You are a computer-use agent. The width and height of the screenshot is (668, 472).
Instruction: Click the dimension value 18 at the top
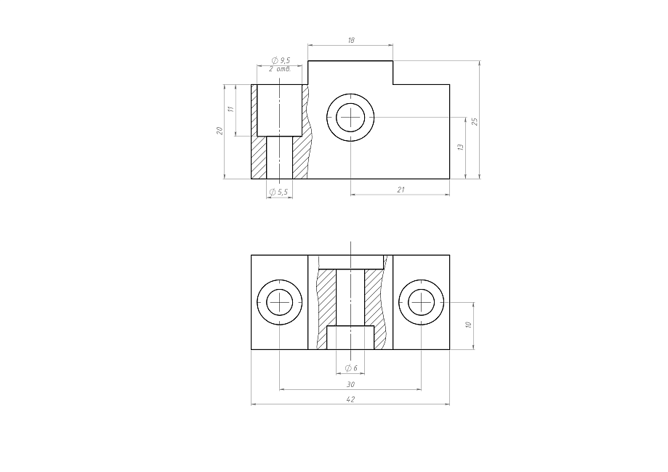pyautogui.click(x=351, y=41)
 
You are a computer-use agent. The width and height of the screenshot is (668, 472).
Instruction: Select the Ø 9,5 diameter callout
pyautogui.click(x=281, y=60)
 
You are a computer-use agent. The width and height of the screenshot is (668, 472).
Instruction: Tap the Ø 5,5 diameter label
pyautogui.click(x=279, y=192)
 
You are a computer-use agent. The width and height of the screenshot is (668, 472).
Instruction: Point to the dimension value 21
pyautogui.click(x=401, y=190)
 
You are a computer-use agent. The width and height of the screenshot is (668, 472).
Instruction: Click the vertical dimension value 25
pyautogui.click(x=475, y=122)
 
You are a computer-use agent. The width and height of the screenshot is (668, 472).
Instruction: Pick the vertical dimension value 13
pyautogui.click(x=460, y=147)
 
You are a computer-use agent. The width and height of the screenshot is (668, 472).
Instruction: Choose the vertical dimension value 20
pyautogui.click(x=220, y=131)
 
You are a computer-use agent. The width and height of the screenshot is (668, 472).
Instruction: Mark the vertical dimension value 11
pyautogui.click(x=231, y=109)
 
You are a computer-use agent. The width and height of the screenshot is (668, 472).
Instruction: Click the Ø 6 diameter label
pyautogui.click(x=351, y=368)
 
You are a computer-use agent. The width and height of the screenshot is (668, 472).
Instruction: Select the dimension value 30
pyautogui.click(x=350, y=384)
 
